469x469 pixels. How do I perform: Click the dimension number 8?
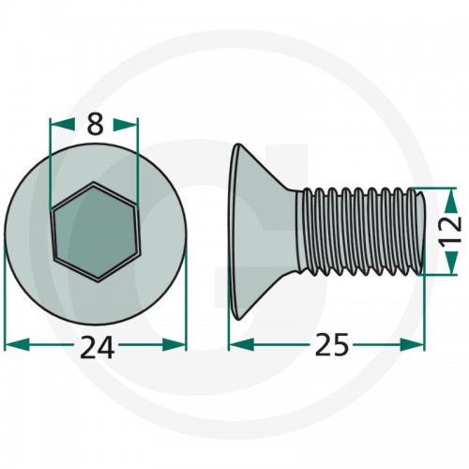[x=95, y=124]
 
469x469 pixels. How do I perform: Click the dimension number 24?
[x=97, y=347]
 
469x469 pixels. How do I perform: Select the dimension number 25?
[x=331, y=344]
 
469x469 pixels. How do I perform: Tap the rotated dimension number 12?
[x=450, y=231]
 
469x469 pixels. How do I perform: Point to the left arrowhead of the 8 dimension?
[x=63, y=124]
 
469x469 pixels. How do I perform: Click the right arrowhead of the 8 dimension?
[x=126, y=124]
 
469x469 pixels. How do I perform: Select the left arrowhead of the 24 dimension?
[x=18, y=344]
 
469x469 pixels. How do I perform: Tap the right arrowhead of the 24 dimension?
[x=174, y=344]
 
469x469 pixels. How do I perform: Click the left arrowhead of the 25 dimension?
[x=241, y=344]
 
